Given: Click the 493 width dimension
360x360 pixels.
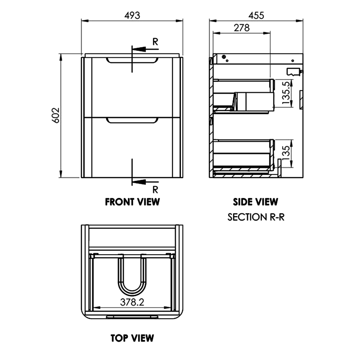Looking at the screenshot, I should click(132, 15).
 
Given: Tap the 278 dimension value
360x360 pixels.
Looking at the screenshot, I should click(241, 27).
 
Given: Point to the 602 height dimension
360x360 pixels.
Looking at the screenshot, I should click(55, 116).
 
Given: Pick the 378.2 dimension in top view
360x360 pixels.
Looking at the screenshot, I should click(131, 302).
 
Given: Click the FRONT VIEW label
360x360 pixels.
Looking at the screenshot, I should click(132, 202).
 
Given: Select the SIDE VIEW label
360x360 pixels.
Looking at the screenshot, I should click(255, 202).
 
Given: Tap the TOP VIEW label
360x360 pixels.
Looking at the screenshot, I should click(132, 337).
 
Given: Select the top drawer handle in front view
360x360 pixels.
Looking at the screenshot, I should click(132, 60).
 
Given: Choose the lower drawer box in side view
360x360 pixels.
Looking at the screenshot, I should click(243, 153).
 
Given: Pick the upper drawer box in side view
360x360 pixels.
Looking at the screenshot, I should click(243, 94).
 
